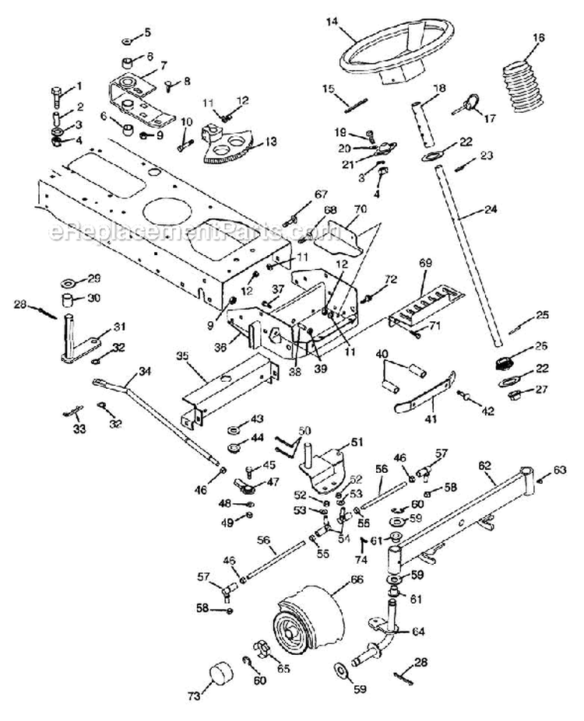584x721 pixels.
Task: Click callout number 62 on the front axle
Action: tap(485, 464)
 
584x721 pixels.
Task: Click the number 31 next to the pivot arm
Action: tap(119, 326)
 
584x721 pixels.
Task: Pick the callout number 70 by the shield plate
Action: tap(359, 209)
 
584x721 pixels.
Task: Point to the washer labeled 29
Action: tap(72, 280)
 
